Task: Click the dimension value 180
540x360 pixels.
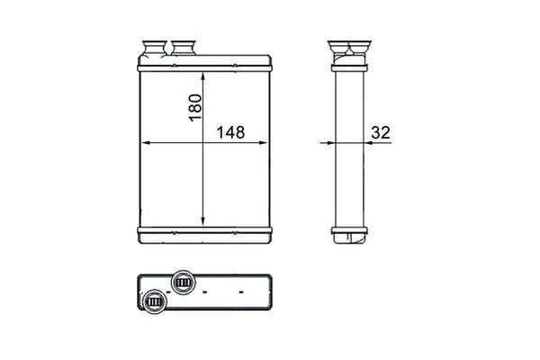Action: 195,107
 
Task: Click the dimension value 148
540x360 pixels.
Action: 230,132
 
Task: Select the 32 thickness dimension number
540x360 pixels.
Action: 381,132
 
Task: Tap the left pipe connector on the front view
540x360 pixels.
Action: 154,49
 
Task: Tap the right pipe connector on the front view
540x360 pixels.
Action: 184,48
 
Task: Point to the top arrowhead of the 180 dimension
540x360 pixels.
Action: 202,76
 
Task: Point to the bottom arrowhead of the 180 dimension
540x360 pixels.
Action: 202,220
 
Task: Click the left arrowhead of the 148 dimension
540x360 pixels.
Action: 147,142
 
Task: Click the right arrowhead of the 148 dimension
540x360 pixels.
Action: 263,142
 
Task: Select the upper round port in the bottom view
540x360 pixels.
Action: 183,283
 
